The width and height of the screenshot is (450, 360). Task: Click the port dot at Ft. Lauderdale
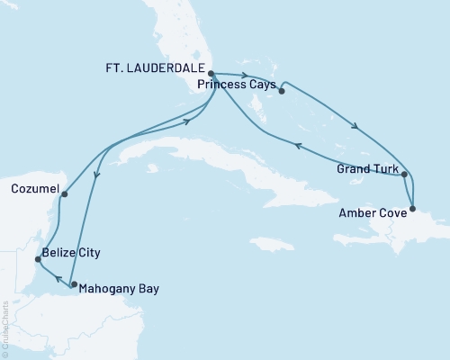tap(210, 75)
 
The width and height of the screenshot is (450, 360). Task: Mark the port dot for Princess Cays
tap(282, 89)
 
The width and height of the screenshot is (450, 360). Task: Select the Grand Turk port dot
tap(405, 175)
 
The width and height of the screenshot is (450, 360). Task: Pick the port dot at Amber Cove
tap(413, 210)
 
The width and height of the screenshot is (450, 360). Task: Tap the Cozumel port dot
tap(65, 193)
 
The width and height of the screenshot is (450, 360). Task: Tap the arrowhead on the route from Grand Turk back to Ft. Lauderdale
tap(296, 143)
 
